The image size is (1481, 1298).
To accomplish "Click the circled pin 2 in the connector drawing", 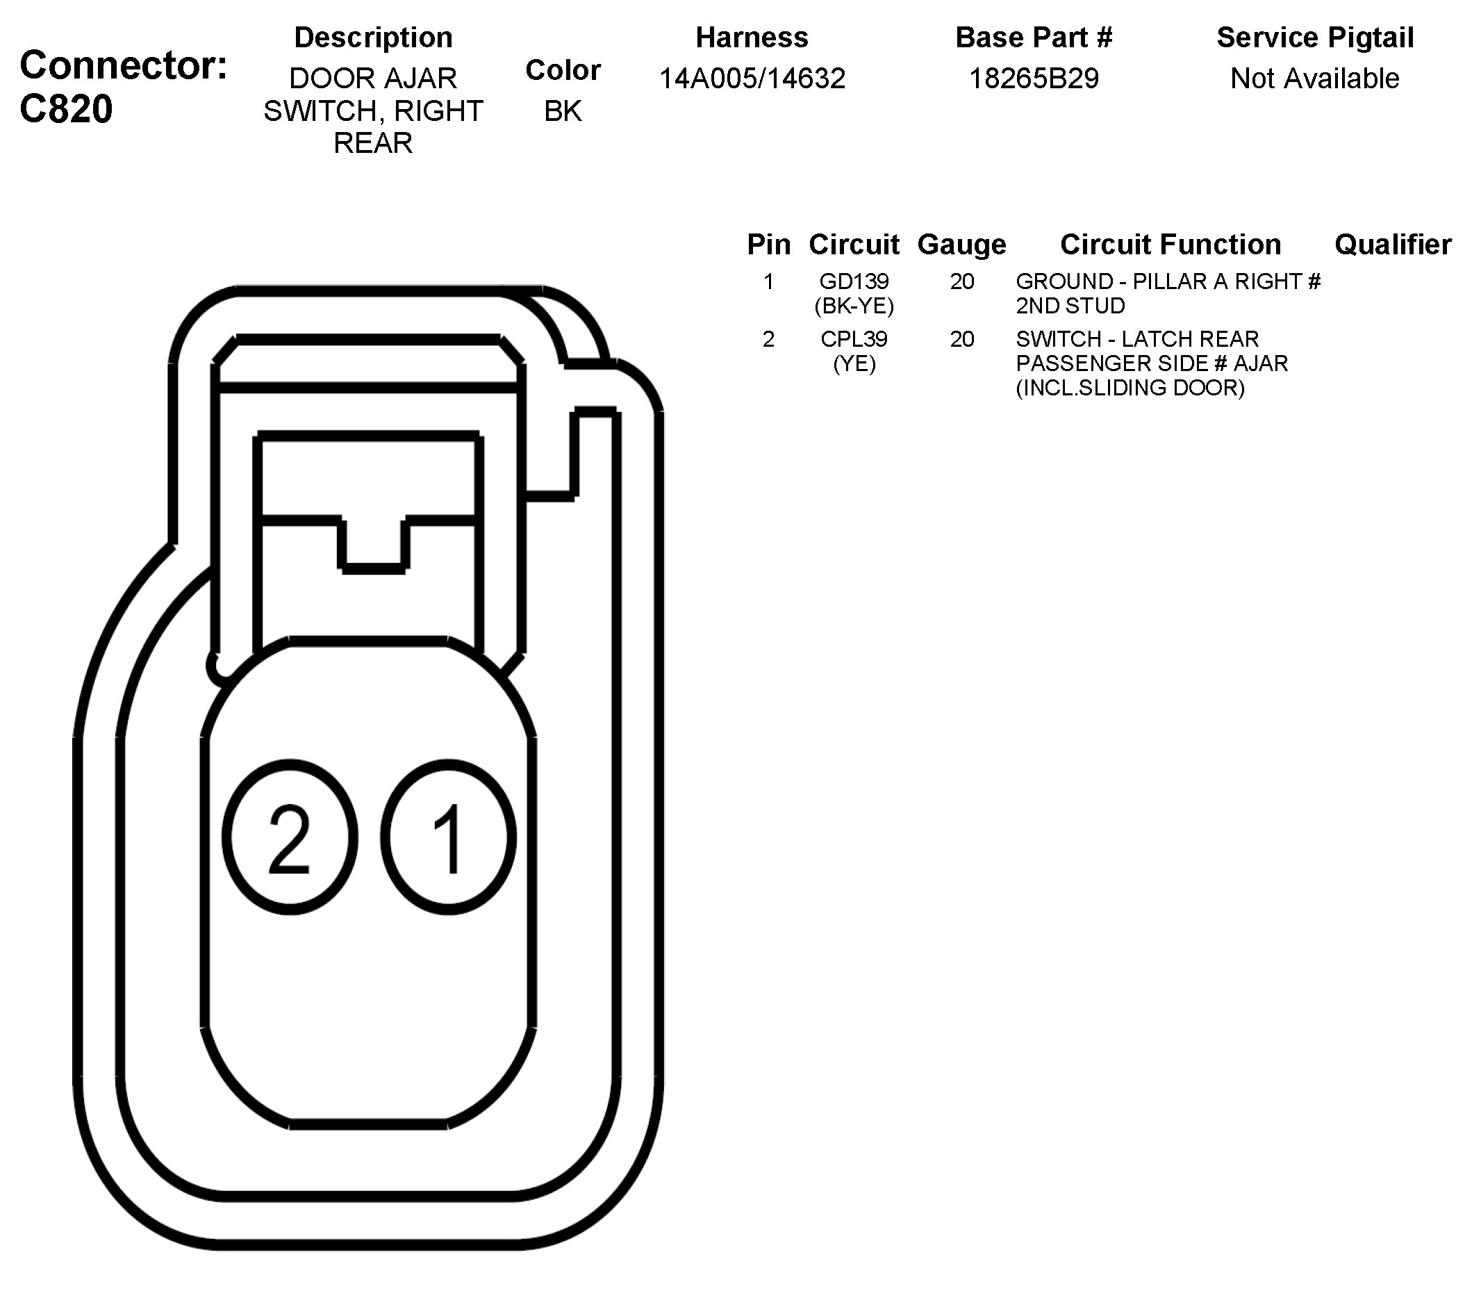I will click(290, 837).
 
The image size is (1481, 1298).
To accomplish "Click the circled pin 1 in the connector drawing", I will click(448, 837).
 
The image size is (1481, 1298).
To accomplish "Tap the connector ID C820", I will click(67, 108).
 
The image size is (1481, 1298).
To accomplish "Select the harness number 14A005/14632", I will click(752, 79).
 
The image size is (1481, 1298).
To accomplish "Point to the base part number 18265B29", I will click(1034, 79).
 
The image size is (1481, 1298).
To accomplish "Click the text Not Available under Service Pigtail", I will click(1314, 79).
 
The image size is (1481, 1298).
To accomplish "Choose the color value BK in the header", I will click(563, 110).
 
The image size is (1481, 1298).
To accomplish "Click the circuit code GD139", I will click(854, 281).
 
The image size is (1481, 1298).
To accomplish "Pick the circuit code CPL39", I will click(854, 339).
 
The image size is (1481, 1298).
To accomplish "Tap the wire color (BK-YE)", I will click(854, 306).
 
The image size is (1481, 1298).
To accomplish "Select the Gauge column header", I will click(961, 245).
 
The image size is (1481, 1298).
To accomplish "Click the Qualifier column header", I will click(1393, 245).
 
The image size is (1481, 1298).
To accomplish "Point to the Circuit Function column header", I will click(1170, 245).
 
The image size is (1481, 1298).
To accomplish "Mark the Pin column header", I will click(768, 245).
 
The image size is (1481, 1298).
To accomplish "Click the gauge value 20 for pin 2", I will click(961, 339).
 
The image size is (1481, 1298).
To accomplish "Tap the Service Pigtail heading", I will click(1314, 38).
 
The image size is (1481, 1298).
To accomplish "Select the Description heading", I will click(373, 38).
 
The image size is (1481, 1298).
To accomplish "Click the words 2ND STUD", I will click(1070, 306).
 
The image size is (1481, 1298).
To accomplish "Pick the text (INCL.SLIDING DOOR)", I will click(1130, 388).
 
